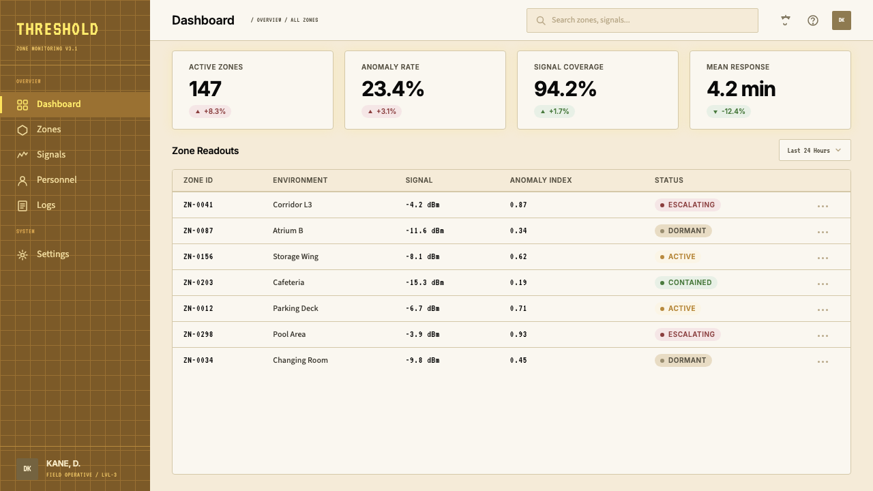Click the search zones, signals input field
pos(642,20)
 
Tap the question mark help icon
pos(812,20)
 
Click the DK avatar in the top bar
pos(842,20)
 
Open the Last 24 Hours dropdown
pos(814,151)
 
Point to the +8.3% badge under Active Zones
pos(210,111)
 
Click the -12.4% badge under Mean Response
pos(729,111)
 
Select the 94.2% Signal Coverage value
pos(565,89)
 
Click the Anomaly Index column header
pos(541,181)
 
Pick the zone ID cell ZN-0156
pos(198,257)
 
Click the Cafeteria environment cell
pos(288,282)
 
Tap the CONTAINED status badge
pos(686,282)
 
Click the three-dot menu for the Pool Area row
pos(823,336)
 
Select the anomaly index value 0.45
pos(518,361)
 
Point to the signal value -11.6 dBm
pos(425,230)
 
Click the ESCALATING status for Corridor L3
pos(687,205)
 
